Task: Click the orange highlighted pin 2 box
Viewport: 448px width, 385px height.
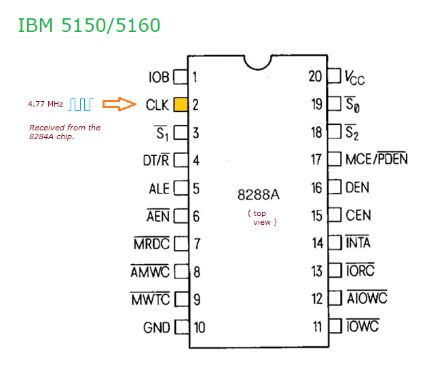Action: [181, 105]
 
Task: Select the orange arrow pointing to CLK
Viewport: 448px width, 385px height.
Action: [120, 105]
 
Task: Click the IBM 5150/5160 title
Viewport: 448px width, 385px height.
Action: [89, 26]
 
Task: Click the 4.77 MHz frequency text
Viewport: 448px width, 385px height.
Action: [45, 105]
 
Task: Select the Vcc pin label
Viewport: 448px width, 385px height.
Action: [355, 77]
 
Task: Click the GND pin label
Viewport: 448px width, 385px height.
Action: [156, 327]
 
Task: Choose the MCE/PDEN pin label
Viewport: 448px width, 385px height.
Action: [377, 160]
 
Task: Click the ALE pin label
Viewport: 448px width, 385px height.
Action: [159, 188]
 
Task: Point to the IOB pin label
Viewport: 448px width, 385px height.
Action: [159, 77]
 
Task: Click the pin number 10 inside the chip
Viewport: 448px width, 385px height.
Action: [199, 327]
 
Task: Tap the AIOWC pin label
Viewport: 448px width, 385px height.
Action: [367, 299]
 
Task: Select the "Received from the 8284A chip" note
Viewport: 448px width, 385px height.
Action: [64, 132]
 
